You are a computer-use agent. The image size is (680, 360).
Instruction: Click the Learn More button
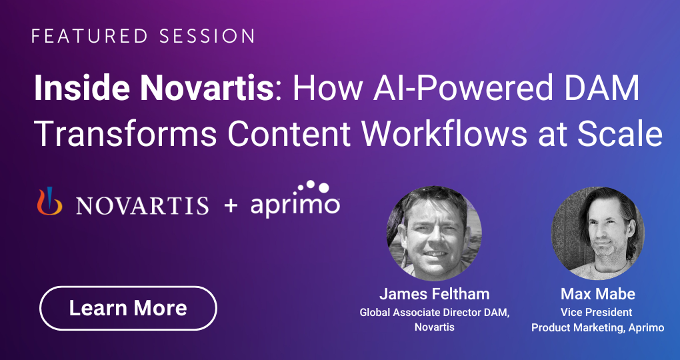coord(128,308)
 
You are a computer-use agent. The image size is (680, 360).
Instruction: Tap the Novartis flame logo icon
coord(49,201)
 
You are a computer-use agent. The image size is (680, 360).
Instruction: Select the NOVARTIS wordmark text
coord(142,205)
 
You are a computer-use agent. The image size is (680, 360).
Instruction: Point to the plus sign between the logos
coord(231,205)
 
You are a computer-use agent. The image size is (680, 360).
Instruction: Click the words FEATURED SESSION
coord(143,36)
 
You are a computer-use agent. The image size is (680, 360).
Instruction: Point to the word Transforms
coord(125,135)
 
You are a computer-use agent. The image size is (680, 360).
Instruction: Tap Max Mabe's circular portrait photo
coord(597,233)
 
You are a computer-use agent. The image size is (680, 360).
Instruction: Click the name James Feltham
coord(434,294)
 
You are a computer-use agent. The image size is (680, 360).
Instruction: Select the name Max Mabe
coord(597,294)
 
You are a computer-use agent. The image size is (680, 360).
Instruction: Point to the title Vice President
coord(596,312)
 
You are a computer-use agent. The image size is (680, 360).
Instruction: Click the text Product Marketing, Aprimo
coord(597,328)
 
